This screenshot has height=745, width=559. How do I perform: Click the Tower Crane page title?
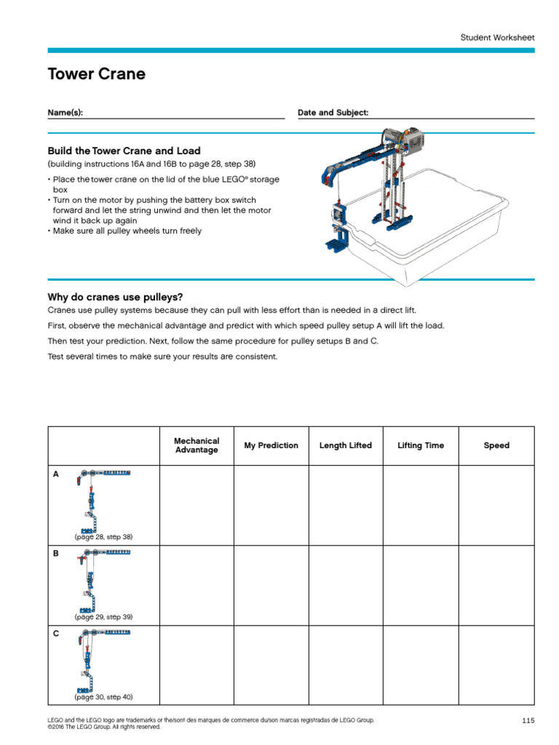click(x=97, y=74)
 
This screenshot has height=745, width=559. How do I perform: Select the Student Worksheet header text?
click(x=496, y=36)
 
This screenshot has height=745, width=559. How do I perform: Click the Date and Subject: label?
click(x=333, y=113)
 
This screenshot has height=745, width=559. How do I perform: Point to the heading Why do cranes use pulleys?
click(x=115, y=297)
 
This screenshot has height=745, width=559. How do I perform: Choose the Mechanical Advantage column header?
click(x=197, y=445)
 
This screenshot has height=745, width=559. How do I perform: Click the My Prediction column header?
click(x=271, y=445)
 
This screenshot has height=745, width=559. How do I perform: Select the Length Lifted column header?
click(x=345, y=445)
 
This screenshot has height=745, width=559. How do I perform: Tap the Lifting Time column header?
click(x=421, y=445)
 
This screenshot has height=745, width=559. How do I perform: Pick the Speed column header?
click(x=496, y=445)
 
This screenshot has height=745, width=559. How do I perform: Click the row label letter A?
click(x=55, y=474)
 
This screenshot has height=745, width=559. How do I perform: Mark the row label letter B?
click(x=55, y=554)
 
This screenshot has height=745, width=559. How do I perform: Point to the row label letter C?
click(x=55, y=634)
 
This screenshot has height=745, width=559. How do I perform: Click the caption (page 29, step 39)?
click(x=103, y=617)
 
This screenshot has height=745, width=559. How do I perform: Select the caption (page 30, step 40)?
click(x=103, y=697)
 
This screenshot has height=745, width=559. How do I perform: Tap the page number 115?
click(x=528, y=720)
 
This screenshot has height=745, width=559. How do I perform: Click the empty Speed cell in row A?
click(x=496, y=506)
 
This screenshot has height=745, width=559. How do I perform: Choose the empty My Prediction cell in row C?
click(x=271, y=666)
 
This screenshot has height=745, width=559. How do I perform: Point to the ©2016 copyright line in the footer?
click(x=103, y=726)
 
